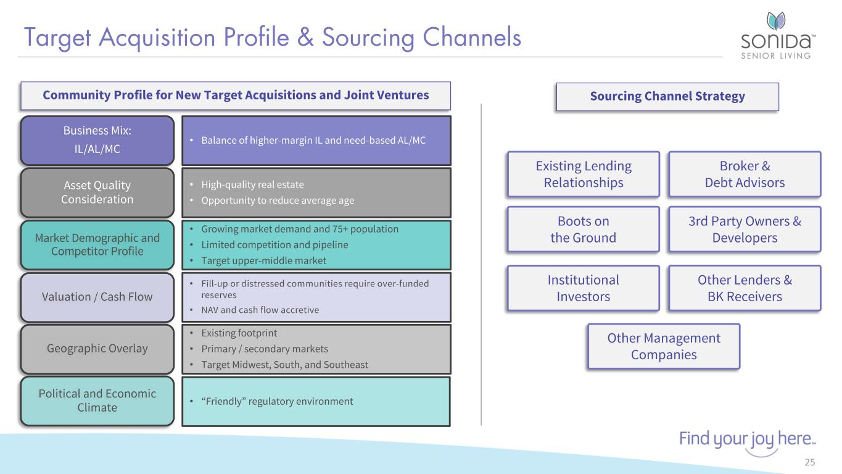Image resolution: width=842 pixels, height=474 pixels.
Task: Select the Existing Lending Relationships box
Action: tap(584, 174)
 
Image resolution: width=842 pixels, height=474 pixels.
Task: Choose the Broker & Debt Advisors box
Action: tap(745, 174)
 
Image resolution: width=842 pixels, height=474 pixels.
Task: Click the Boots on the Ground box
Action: tap(584, 229)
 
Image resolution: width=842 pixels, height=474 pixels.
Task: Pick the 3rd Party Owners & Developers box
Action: tap(745, 229)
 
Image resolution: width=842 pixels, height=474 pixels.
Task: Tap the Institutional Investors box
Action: tap(584, 288)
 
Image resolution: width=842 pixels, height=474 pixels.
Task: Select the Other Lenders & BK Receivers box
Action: tap(745, 288)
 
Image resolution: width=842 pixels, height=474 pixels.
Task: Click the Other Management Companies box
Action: tap(664, 346)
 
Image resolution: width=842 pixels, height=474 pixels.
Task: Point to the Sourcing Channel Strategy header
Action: tap(667, 96)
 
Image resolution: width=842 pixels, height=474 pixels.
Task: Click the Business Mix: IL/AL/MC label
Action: tap(97, 140)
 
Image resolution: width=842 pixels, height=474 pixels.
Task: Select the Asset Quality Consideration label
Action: tap(97, 192)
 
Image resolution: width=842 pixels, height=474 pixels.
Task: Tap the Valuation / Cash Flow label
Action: tap(97, 297)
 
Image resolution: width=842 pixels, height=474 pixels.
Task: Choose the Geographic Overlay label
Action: tap(97, 349)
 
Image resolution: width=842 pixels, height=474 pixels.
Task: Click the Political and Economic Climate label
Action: tap(97, 401)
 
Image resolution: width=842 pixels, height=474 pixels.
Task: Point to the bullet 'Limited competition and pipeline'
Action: tap(274, 245)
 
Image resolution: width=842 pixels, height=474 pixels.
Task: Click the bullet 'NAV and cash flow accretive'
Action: tap(260, 310)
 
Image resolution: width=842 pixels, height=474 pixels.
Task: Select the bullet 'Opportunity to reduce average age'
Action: tap(278, 200)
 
